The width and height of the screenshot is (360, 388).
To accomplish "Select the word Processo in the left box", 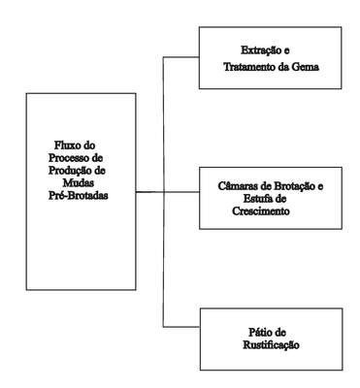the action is [68, 158].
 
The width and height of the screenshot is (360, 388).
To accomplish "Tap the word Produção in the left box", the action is [68, 171].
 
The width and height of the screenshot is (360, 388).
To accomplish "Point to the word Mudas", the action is [79, 183].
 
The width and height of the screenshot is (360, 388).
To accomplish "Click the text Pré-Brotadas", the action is [79, 196].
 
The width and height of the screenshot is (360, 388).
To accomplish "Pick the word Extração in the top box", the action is [261, 50].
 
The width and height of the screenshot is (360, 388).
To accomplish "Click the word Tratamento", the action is [249, 67].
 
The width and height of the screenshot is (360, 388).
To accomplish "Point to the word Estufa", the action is [255, 199].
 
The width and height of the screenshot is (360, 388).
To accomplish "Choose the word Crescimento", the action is [261, 211].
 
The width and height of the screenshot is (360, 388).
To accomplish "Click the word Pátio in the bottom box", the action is [261, 333].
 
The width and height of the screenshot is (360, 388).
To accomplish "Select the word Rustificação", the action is [271, 345].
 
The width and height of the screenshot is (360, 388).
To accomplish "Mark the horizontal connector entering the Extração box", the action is [180, 57].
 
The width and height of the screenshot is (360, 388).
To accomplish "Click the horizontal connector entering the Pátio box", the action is [181, 327].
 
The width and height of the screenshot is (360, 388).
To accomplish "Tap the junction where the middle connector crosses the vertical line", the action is [163, 192].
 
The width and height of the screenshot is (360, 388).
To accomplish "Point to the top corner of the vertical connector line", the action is [163, 57].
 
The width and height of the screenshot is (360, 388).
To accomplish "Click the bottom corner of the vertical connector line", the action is [163, 327].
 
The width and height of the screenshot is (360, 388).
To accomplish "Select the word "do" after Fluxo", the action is [89, 145].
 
